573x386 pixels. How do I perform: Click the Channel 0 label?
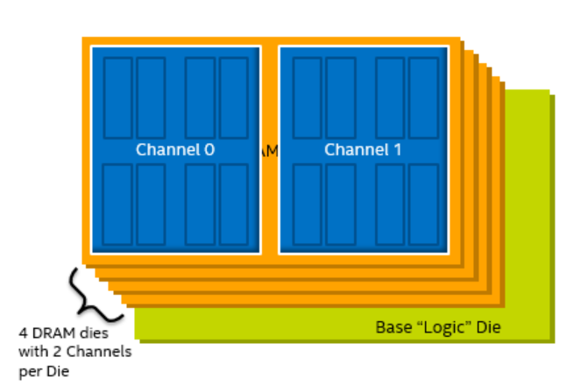pyautogui.click(x=175, y=150)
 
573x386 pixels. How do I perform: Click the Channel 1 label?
pyautogui.click(x=363, y=150)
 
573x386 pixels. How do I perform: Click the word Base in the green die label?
pyautogui.click(x=393, y=328)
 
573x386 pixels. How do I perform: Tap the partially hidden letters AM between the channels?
pyautogui.click(x=270, y=150)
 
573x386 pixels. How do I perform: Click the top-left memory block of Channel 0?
pyautogui.click(x=117, y=96)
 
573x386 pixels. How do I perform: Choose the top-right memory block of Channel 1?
pyautogui.click(x=423, y=96)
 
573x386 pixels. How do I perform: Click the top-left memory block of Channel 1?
pyautogui.click(x=308, y=96)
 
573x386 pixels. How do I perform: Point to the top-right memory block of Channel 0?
pyautogui.click(x=233, y=96)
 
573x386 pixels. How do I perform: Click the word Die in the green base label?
pyautogui.click(x=487, y=328)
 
